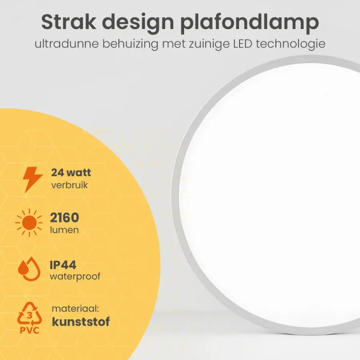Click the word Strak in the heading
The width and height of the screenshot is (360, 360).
pos(69,22)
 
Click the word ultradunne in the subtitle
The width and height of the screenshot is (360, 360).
pos(67,44)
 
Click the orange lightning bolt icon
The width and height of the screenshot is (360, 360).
pos(33,180)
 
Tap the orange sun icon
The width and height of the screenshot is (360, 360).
pos(29,222)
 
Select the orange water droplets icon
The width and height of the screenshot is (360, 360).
pos(29,269)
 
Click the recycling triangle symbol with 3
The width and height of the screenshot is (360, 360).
pos(30,313)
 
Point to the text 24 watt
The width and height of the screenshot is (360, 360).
pos(71,172)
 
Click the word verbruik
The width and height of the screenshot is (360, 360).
pos(69,185)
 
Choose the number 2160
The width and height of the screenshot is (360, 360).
pos(64,218)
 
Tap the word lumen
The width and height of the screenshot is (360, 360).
pos(64,230)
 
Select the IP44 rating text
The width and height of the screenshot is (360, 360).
pos(63,265)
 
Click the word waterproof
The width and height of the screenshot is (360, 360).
pos(75,277)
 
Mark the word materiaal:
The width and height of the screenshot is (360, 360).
pos(75,308)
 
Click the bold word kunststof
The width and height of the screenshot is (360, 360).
pos(81,322)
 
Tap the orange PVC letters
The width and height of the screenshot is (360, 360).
pos(29,330)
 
